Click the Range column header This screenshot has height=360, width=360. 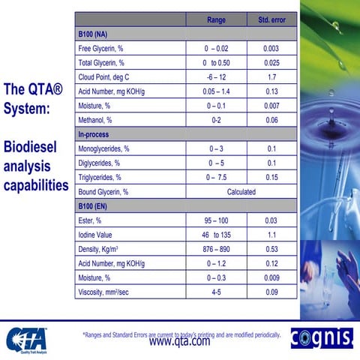[216, 19]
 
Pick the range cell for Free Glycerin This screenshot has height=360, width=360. [216, 49]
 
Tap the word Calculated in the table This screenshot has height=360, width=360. [241, 192]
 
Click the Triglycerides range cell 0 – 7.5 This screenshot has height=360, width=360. [216, 178]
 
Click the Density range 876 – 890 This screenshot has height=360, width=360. [216, 250]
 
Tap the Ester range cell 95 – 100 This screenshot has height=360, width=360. [216, 221]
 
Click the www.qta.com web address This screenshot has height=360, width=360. [180, 341]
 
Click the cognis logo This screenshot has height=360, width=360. [321, 338]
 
